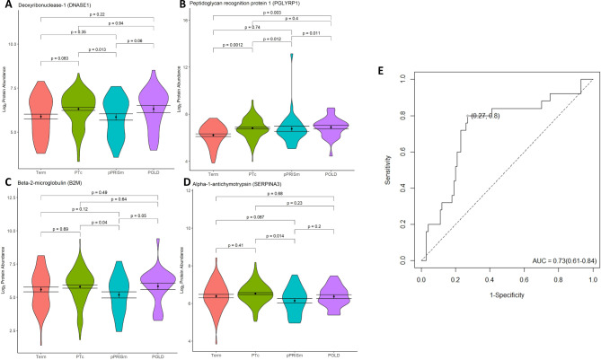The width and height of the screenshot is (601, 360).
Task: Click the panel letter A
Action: tap(4, 4)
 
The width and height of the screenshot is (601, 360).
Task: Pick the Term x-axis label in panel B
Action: tap(215, 175)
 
